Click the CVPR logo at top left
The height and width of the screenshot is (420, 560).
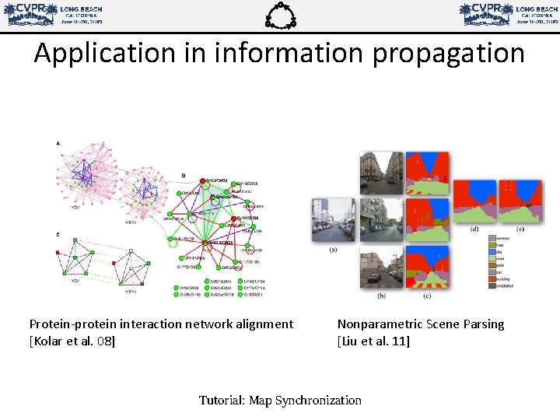tap(54, 14)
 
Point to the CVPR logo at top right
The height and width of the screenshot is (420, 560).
tap(508, 14)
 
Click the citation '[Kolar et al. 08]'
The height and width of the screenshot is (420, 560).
tap(72, 341)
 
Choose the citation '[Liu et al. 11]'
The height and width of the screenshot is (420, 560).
tap(373, 341)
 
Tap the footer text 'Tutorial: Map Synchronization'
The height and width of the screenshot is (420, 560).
tap(280, 401)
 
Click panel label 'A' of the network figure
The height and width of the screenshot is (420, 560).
tap(58, 144)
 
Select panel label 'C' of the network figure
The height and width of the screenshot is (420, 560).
tap(58, 235)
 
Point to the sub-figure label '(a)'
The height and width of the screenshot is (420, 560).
tap(334, 250)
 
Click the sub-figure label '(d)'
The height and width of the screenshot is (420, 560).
tap(474, 229)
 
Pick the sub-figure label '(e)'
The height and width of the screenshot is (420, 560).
tap(520, 229)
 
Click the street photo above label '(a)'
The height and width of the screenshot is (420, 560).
tap(333, 220)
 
